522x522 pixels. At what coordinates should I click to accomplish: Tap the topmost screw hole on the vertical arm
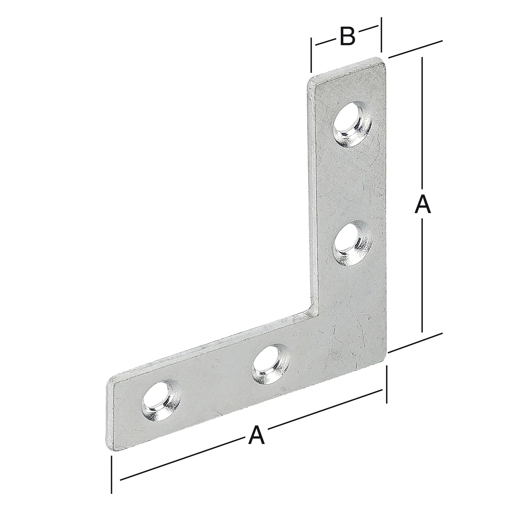pyautogui.click(x=352, y=124)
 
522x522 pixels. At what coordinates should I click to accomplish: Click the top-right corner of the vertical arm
pyautogui.click(x=384, y=60)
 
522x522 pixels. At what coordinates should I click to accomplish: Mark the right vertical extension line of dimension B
pyautogui.click(x=381, y=34)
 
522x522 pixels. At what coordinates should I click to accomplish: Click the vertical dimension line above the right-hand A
pyautogui.click(x=422, y=122)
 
